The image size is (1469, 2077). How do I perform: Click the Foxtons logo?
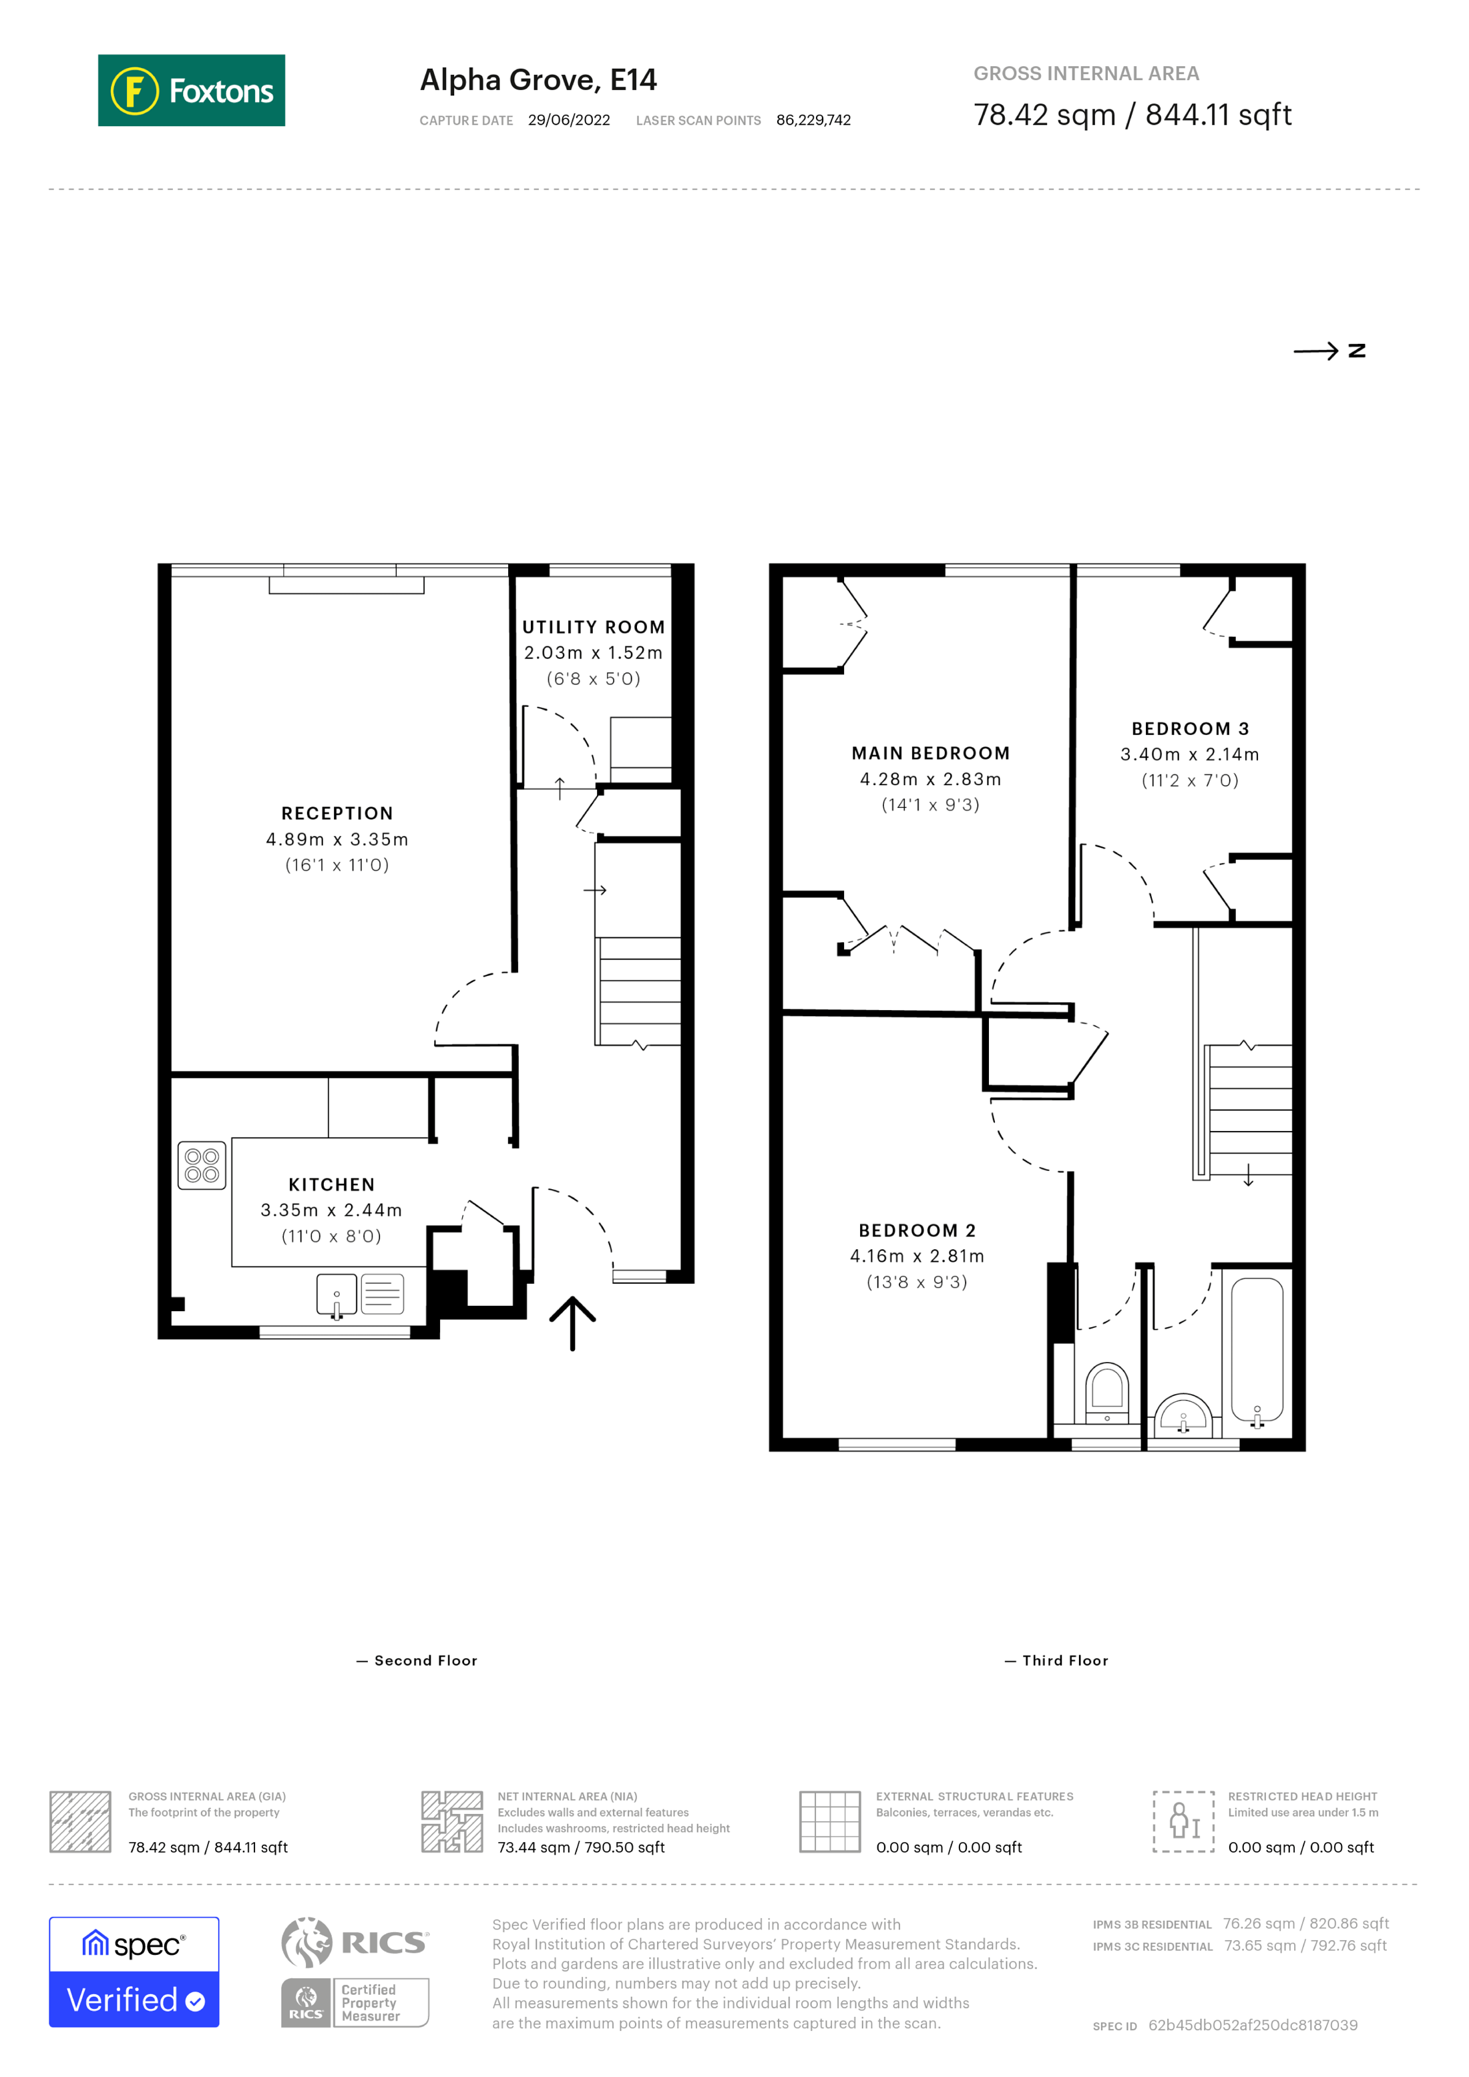coord(191,90)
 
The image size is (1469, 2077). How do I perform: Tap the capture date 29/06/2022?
coord(568,120)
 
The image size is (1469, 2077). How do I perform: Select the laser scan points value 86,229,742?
coord(813,120)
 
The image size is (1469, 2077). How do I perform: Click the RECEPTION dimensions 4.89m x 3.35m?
coord(337,839)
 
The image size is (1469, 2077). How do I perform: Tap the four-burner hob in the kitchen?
coord(202,1165)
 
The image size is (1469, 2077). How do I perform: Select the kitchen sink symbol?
coord(337,1295)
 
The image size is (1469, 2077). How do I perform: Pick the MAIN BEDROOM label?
coord(930,754)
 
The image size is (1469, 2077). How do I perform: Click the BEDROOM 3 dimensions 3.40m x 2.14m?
coord(1189,754)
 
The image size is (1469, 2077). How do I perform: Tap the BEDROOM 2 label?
coord(916,1230)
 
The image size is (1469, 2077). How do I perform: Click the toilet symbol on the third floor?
coord(1106,1391)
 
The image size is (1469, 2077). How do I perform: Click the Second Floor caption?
coord(424,1661)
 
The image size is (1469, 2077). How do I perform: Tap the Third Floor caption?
coord(1064,1661)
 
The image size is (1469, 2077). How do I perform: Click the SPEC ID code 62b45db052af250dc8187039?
coord(1252,2024)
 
